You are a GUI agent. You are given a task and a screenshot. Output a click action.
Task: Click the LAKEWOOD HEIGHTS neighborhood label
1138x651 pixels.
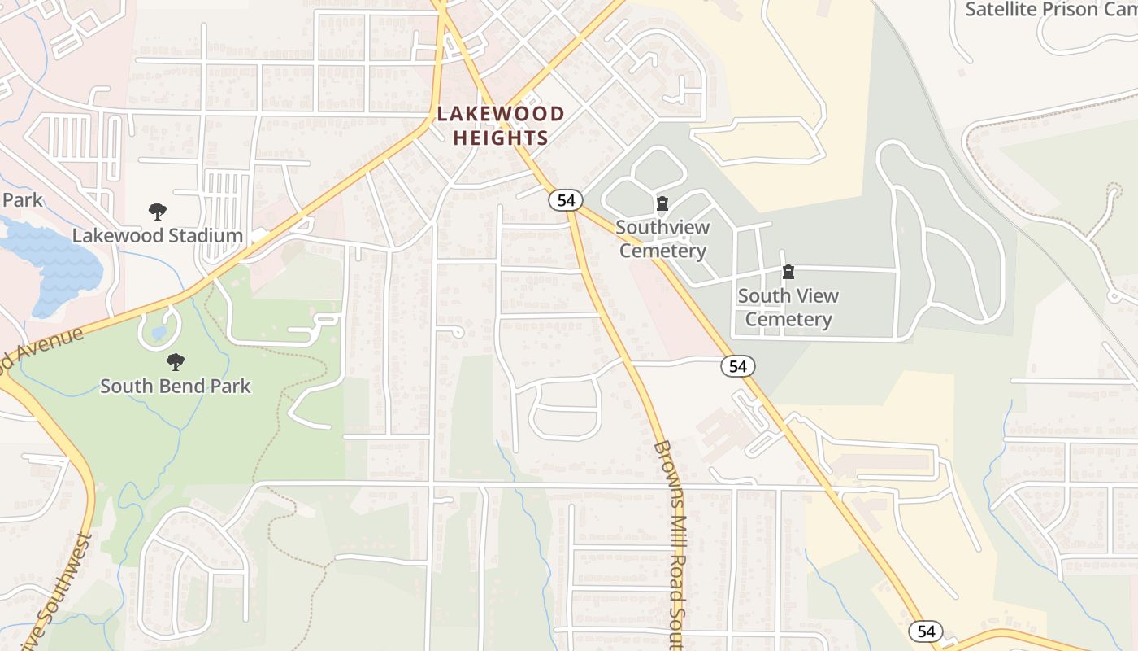point(501,125)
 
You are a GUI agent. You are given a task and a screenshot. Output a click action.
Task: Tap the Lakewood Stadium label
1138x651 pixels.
point(158,236)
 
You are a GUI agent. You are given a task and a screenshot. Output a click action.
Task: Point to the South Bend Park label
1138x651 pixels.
point(176,386)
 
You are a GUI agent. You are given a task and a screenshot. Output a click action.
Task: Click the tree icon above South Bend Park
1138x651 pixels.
point(175,362)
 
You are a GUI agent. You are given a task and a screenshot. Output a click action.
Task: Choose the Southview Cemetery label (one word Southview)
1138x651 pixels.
point(662,238)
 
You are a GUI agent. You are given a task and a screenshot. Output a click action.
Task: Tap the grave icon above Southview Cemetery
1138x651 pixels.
point(662,203)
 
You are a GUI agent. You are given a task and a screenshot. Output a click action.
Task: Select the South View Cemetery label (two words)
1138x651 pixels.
point(788,308)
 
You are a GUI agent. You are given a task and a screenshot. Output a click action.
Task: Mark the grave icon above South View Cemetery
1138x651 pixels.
point(788,272)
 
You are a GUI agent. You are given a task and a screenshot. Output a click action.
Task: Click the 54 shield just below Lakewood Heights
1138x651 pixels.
point(564,200)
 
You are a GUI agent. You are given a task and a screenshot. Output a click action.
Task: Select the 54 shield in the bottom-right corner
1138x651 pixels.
point(926,631)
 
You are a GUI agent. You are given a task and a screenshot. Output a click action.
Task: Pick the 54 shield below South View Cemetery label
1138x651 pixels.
point(737,366)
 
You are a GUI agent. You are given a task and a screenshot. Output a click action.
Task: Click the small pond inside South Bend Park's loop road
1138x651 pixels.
point(159,333)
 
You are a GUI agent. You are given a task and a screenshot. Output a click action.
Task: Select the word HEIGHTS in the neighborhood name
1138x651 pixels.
point(501,138)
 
